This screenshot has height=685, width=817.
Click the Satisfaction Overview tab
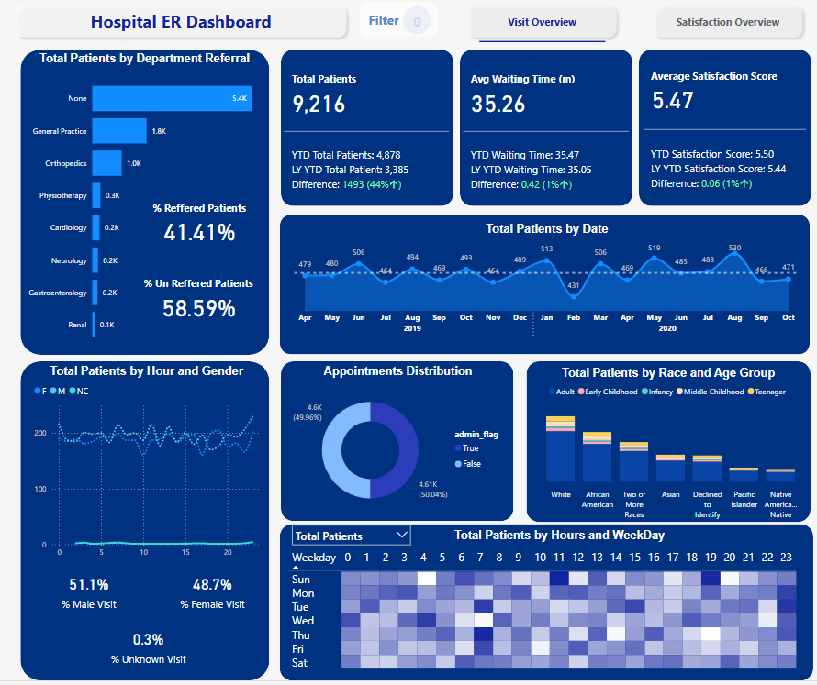point(727,22)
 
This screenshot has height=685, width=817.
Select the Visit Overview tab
point(542,22)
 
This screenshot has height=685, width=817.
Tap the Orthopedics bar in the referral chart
point(106,163)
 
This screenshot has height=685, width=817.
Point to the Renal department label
point(77,325)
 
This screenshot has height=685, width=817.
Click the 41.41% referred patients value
point(199,233)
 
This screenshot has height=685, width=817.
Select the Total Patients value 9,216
point(319,105)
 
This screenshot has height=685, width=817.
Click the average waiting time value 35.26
point(498,105)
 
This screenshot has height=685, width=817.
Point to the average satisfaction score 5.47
point(673,101)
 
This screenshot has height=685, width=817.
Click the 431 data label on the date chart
point(574,285)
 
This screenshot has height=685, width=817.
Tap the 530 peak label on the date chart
point(735,249)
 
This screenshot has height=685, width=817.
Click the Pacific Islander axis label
point(744,499)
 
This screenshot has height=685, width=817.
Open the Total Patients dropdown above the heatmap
point(351,536)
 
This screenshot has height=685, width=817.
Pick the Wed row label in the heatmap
point(302,621)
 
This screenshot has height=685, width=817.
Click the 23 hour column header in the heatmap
point(786,557)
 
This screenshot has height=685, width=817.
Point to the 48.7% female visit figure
point(212,585)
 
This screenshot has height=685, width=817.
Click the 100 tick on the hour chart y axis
point(40,489)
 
